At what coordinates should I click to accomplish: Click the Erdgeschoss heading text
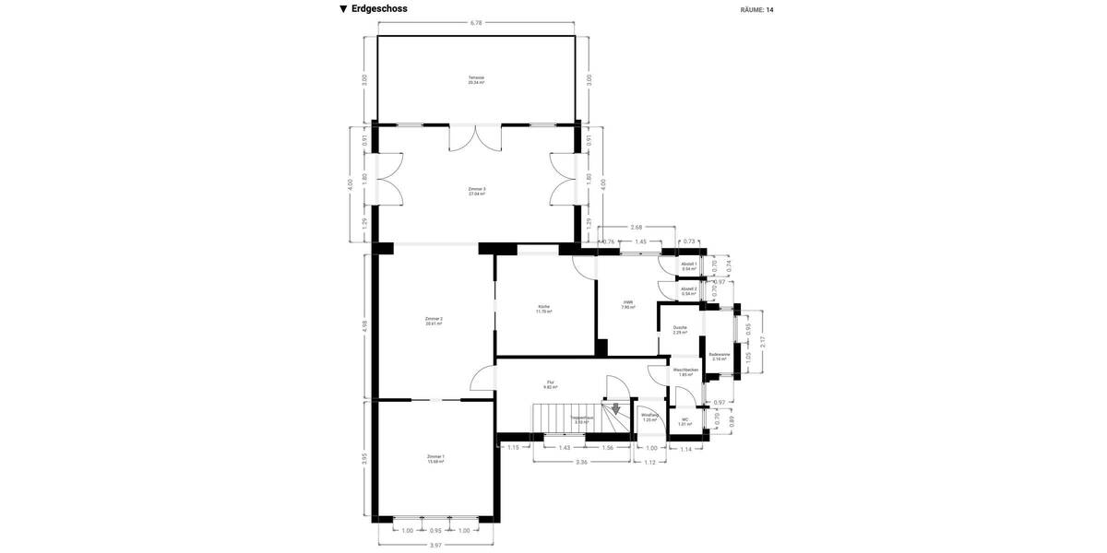click(378, 9)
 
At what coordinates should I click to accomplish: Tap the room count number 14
click(769, 10)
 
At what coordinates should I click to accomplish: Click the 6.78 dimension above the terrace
click(476, 22)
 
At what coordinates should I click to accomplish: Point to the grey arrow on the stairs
click(615, 408)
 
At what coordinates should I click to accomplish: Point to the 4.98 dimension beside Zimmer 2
click(364, 325)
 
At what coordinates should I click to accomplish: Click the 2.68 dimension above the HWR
click(637, 227)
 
